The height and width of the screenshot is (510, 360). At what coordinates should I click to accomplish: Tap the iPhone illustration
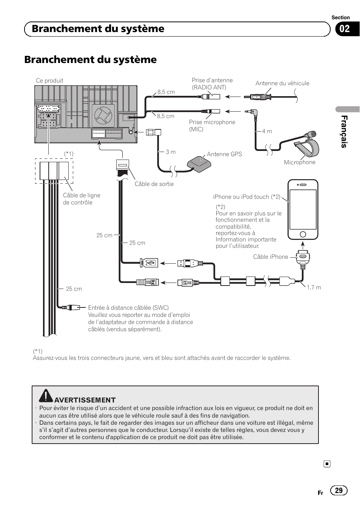coord(303,209)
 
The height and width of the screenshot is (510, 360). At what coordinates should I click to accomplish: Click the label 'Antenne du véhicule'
coord(282,83)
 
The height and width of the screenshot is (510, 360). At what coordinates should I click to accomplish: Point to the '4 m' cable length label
coord(267,131)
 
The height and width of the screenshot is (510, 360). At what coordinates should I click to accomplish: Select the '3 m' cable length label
coord(171,152)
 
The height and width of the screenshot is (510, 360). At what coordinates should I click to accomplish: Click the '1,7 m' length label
coord(314,287)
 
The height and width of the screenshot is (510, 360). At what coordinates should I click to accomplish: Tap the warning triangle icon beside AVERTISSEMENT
coord(46,395)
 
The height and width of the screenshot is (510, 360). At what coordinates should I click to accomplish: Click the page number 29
coord(338,490)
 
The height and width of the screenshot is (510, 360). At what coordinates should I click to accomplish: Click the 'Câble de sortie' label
coord(154,184)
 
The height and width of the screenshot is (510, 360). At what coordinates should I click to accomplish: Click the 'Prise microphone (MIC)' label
coord(212,126)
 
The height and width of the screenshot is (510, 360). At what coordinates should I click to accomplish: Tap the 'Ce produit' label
coord(49,81)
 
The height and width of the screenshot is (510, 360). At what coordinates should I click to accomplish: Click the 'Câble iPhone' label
coord(271,257)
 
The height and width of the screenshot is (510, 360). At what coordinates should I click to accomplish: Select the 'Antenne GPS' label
coord(225,154)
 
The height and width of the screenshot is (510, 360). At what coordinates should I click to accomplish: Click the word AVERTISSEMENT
coord(85,400)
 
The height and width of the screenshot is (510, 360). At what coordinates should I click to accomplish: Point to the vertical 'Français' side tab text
coord(344,132)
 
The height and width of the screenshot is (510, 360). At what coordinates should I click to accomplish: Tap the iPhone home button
coord(303,234)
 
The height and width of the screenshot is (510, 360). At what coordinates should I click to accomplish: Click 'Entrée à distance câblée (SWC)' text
coord(128,308)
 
